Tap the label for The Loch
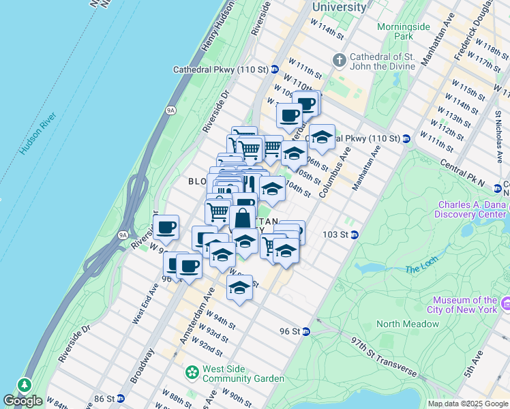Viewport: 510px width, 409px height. click(420, 269)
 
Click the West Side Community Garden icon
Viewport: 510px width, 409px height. click(192, 373)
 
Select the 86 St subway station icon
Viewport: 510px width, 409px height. click(120, 398)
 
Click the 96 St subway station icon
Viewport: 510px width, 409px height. click(306, 332)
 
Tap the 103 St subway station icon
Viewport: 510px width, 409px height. click(355, 235)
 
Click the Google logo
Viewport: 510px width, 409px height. click(23, 401)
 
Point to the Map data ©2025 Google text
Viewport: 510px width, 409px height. click(468, 404)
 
